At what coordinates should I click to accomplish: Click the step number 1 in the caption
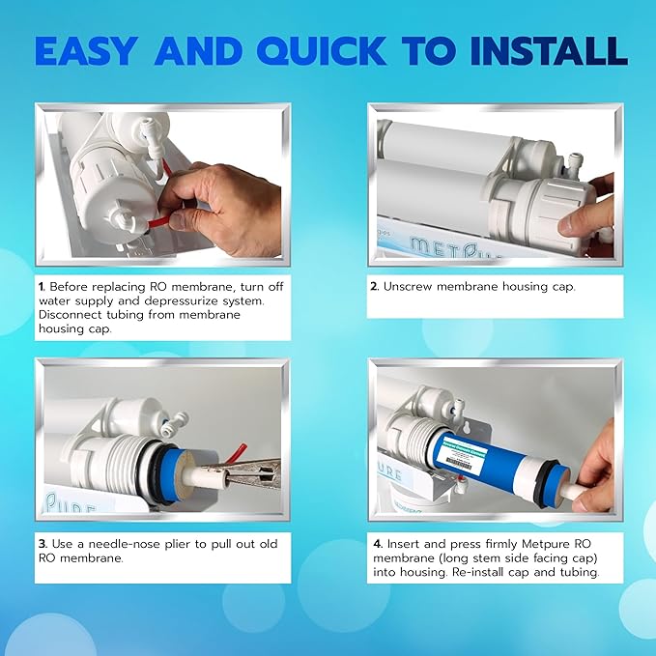tap(42, 287)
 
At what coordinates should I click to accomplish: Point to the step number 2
tap(375, 287)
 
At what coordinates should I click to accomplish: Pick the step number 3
tap(42, 544)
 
